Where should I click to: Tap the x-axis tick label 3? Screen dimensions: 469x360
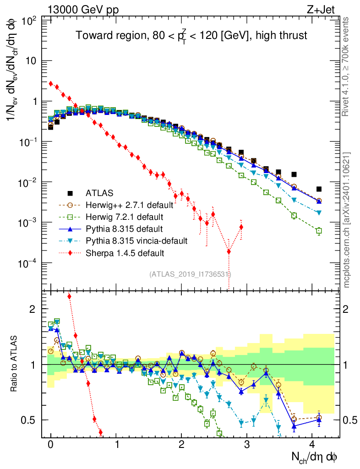click(247, 445)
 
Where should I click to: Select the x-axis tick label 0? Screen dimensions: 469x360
click(51, 445)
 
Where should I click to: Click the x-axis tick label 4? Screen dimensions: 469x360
click(312, 445)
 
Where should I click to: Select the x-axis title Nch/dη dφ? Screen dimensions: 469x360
click(315, 457)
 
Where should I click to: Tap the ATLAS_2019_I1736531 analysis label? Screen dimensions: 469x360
click(190, 274)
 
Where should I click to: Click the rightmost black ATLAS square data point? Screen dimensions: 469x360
click(319, 189)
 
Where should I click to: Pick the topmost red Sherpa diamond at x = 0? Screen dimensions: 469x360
click(51, 83)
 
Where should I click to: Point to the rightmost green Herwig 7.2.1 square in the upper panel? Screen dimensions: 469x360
click(319, 231)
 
